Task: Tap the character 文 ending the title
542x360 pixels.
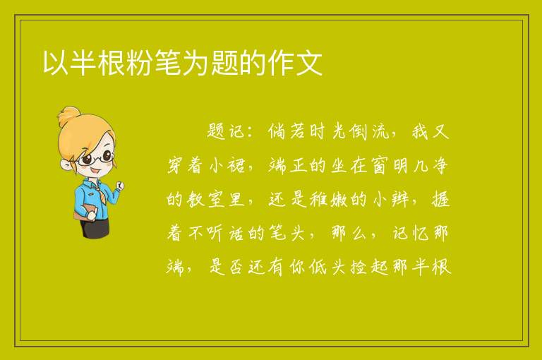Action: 308,63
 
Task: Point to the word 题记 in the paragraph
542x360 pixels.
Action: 226,132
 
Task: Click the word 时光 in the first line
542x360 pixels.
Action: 323,132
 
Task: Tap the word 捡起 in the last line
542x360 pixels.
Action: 371,267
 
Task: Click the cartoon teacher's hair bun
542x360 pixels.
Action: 69,116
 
